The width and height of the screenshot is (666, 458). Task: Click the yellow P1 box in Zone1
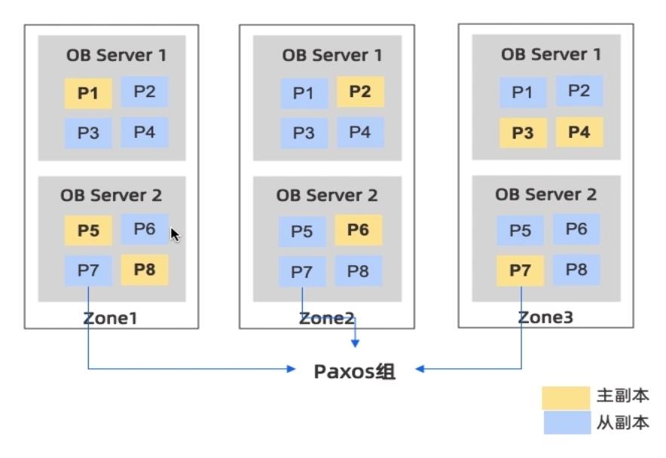[x=88, y=94]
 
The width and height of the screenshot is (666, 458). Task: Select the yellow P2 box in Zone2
[x=360, y=92]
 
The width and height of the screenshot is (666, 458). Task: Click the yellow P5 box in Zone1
[x=88, y=231]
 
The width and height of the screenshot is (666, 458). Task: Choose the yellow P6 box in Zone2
[x=359, y=230]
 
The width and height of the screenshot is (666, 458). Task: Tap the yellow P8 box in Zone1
[x=145, y=270]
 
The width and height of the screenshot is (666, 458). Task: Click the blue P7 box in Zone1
[x=88, y=270]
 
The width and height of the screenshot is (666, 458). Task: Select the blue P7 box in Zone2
[x=302, y=270]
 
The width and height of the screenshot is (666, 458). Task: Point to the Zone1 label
[x=110, y=318]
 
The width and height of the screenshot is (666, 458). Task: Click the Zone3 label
[x=545, y=318]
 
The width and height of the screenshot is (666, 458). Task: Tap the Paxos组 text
[x=354, y=371]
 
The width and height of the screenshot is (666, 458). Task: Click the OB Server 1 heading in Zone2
[x=331, y=55]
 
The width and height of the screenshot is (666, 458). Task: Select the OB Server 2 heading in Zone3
[x=545, y=194]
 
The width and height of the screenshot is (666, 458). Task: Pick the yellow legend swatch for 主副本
[x=567, y=397]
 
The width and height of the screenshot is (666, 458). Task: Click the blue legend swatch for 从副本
[x=567, y=423]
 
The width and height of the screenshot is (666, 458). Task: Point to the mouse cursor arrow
[x=175, y=235]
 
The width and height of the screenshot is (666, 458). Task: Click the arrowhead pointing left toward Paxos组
[x=420, y=369]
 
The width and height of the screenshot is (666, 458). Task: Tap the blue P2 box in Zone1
[x=145, y=92]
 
